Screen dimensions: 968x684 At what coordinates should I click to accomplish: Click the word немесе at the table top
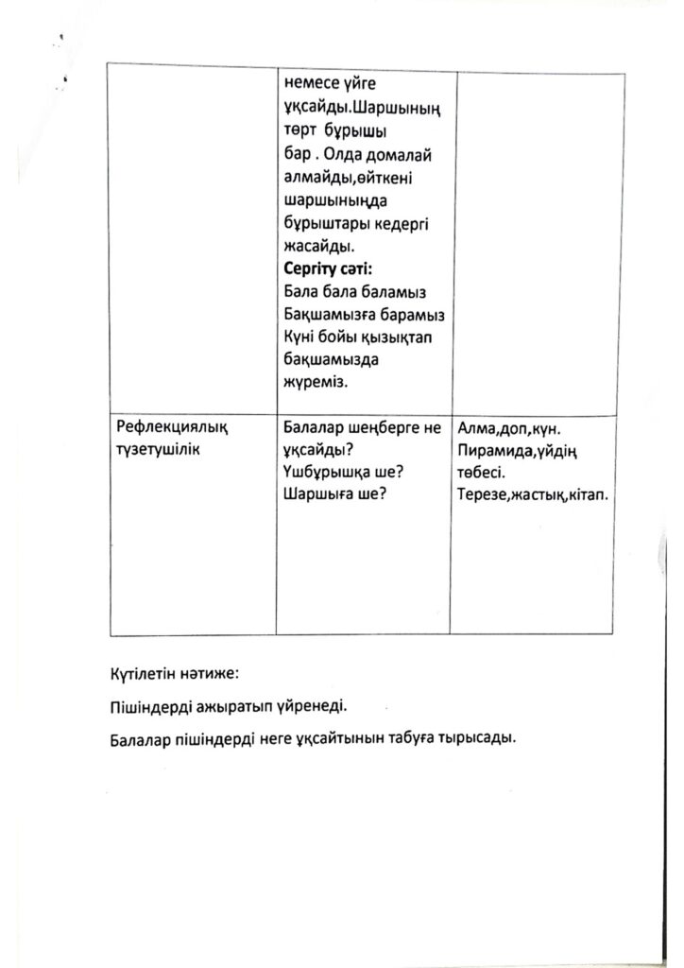(311, 84)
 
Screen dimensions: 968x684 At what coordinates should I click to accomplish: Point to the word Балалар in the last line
(140, 740)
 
